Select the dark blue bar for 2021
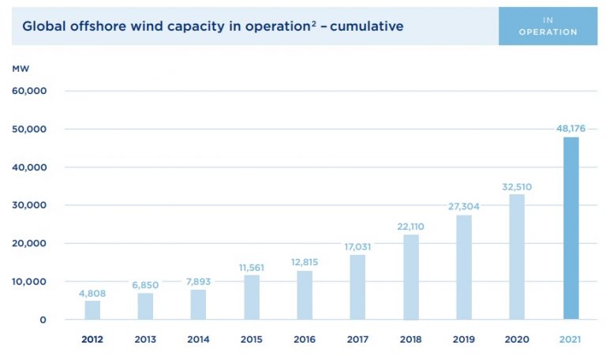coord(570,229)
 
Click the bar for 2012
coord(92,310)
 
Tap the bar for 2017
coord(357,287)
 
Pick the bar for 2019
coord(464,268)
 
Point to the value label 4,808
coord(92,293)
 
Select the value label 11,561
coord(252,268)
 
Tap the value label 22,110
coord(410,227)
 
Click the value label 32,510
coord(517,187)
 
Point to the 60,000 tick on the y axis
coord(30,91)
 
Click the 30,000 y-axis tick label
coord(30,205)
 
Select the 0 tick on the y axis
coord(43,320)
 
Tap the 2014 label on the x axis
coord(198,339)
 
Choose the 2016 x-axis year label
coord(305,339)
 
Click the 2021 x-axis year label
coord(570,339)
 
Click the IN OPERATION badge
coord(548,26)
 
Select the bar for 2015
coord(252,298)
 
